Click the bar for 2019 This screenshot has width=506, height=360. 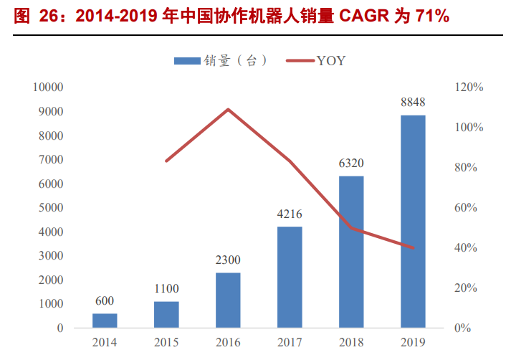tap(413, 222)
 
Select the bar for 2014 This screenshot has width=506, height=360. tap(105, 321)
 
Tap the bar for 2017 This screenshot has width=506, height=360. tap(290, 277)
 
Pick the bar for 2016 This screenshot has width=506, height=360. tap(228, 300)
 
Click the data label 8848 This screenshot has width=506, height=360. tap(413, 103)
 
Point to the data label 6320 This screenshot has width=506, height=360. tap(351, 164)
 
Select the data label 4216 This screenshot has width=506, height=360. tap(290, 214)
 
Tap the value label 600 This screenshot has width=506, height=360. tap(105, 300)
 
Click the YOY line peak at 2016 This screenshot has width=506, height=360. tap(228, 110)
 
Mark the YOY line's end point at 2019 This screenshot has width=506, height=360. tap(413, 247)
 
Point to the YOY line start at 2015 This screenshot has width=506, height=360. tap(166, 161)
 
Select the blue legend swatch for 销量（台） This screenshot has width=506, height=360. tap(188, 62)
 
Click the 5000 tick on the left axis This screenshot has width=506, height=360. tap(52, 208)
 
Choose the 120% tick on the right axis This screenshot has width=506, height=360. tap(470, 87)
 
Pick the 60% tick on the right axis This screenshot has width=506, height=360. tap(470, 208)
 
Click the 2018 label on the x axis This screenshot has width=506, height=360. tap(351, 342)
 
